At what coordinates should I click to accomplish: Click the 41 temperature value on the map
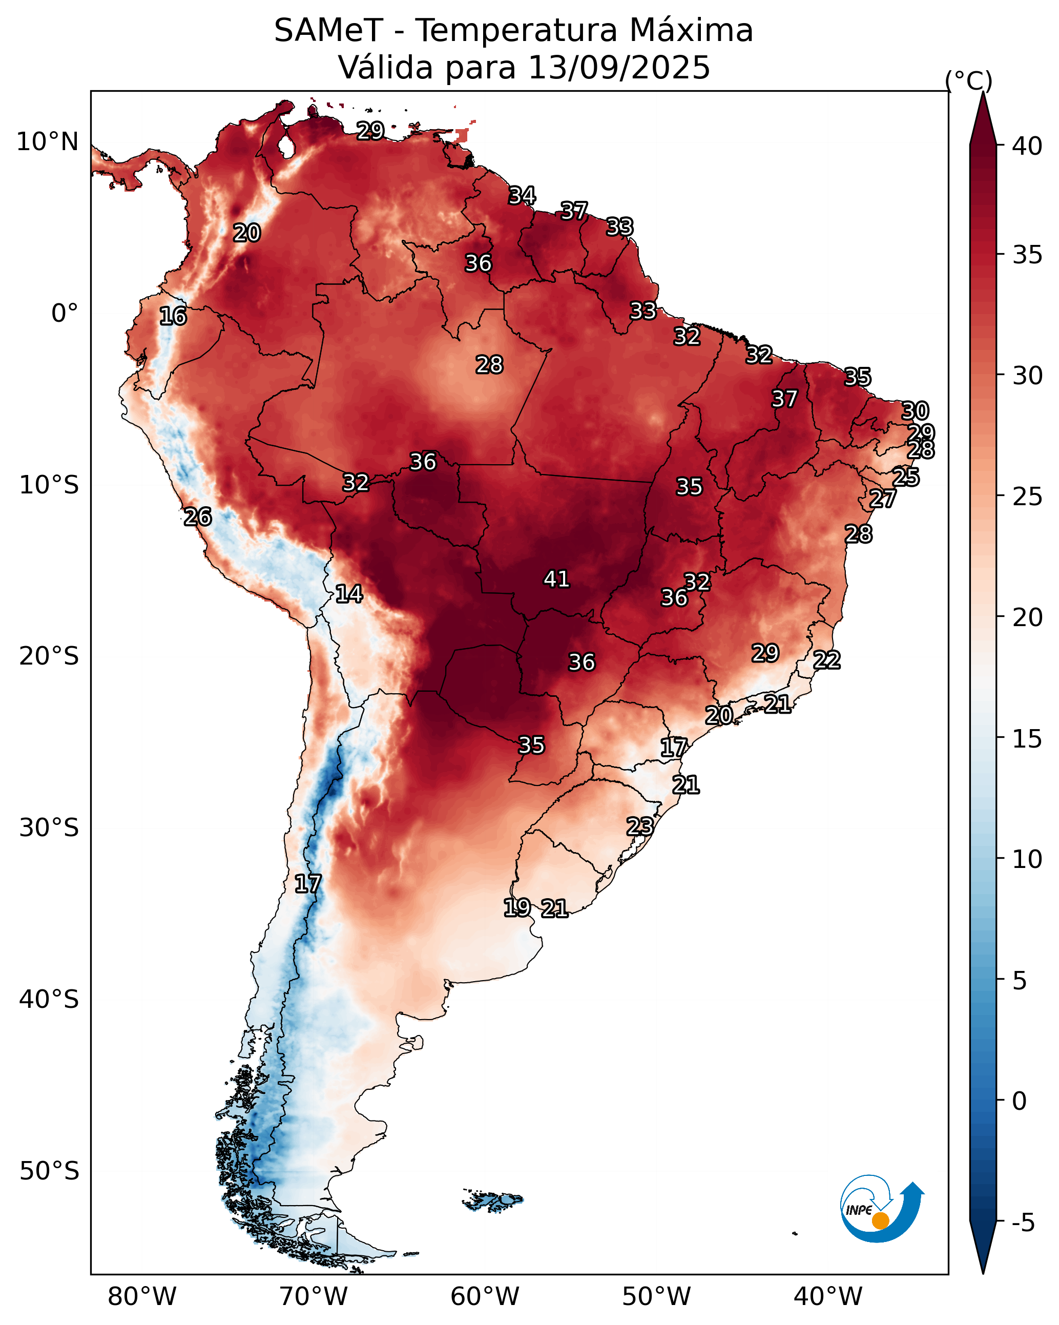click(x=556, y=579)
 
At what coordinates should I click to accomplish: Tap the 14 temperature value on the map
click(x=348, y=594)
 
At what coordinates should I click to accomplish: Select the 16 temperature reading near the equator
click(x=173, y=316)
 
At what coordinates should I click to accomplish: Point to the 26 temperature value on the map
click(x=197, y=517)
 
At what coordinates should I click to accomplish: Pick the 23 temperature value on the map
click(x=640, y=826)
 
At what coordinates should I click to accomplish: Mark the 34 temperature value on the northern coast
click(x=522, y=195)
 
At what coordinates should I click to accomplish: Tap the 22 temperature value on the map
click(x=827, y=660)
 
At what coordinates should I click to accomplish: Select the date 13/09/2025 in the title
click(x=619, y=68)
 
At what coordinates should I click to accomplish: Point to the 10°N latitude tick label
click(x=47, y=142)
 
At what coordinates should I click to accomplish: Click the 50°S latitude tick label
click(x=49, y=1171)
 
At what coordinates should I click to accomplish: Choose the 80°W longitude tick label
click(x=142, y=1297)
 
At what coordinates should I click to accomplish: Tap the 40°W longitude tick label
click(x=828, y=1297)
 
